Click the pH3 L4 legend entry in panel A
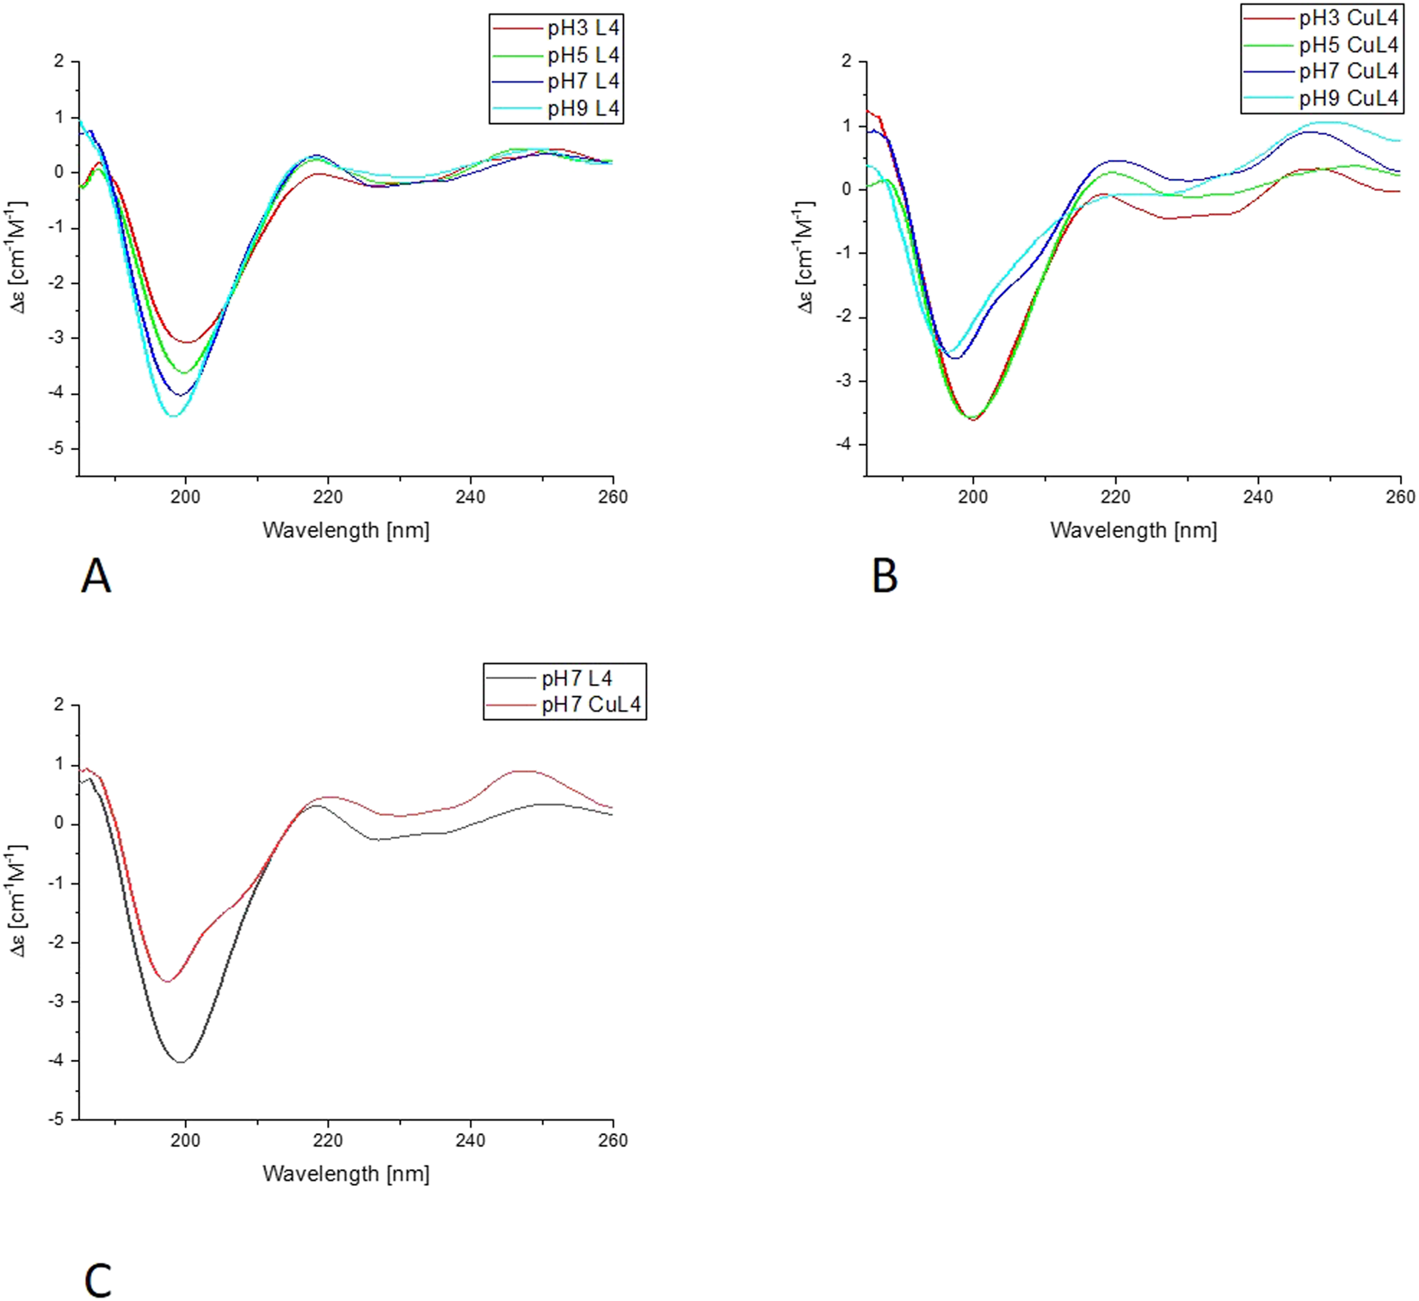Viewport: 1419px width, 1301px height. [x=583, y=28]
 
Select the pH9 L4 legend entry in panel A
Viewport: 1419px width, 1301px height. [x=583, y=108]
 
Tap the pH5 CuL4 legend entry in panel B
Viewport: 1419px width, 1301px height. [x=1348, y=45]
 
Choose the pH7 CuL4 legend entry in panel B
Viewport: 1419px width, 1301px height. [x=1348, y=71]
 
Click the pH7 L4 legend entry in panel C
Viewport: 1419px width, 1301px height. [x=576, y=679]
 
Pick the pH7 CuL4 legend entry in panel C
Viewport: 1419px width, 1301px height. [x=590, y=705]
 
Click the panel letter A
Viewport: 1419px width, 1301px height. [x=96, y=576]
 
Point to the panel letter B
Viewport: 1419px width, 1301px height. [x=885, y=576]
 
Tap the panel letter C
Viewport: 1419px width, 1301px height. [x=97, y=1280]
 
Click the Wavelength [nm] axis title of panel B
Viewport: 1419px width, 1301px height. [x=1133, y=530]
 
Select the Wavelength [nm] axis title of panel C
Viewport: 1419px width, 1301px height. [x=345, y=1174]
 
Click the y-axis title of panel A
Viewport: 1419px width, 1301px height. [x=18, y=257]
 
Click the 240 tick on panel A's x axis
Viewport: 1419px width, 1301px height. [x=470, y=496]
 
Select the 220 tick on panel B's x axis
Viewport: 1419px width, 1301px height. [x=1115, y=496]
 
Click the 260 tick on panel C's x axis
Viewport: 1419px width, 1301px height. [x=613, y=1140]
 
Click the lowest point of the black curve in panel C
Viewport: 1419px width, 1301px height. [x=181, y=1062]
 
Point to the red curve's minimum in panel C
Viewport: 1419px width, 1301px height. [x=169, y=981]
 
